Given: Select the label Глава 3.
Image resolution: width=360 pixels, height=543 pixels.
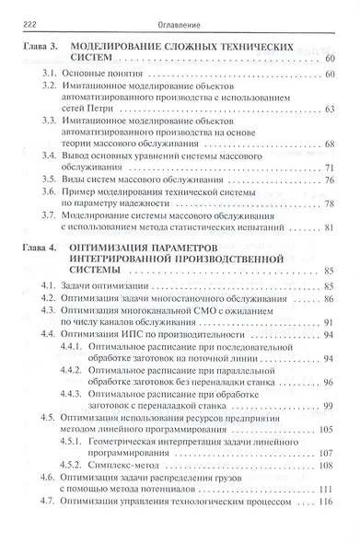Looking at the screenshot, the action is (41, 45).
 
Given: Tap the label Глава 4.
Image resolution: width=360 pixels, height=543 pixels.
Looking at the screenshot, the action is (41, 248).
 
